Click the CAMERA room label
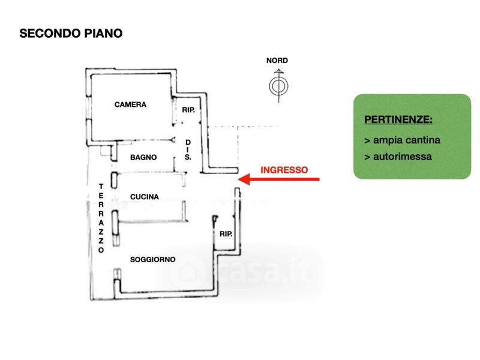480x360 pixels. [130, 104]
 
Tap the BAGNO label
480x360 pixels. [143, 157]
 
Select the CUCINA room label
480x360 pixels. [145, 197]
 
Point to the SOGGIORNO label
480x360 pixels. [153, 260]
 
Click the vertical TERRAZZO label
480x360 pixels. [101, 218]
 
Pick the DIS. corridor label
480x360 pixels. [188, 150]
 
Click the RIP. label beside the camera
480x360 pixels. [188, 110]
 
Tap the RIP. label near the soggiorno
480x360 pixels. [226, 234]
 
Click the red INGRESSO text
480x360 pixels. [284, 170]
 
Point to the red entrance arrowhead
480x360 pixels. [244, 179]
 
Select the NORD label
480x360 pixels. [277, 61]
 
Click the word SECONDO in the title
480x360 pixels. [50, 34]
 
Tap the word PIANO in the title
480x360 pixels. [103, 34]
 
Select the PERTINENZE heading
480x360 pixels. [398, 119]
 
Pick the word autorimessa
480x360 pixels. [402, 157]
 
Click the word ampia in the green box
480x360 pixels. [388, 141]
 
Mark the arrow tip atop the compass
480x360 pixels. [278, 70]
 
